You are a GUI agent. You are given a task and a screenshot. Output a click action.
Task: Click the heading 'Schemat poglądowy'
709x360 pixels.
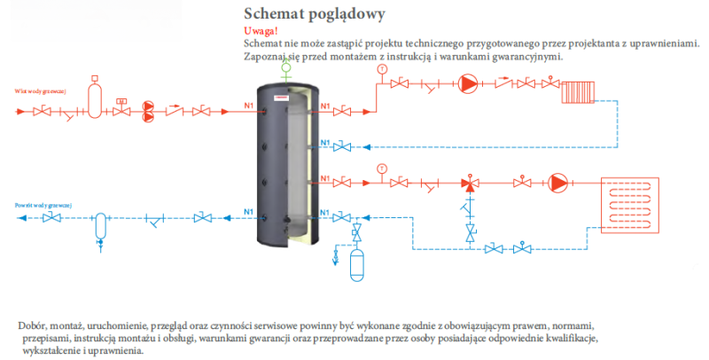301,15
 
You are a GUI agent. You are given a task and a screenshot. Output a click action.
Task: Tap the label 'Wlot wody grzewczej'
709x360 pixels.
40,91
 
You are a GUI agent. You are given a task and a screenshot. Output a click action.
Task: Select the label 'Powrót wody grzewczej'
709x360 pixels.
43,204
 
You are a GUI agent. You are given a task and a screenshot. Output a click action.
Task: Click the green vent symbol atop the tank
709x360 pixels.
285,67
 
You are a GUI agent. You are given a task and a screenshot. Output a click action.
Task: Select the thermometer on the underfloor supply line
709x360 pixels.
381,167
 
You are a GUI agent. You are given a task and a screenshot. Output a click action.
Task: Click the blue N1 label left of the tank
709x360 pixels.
249,211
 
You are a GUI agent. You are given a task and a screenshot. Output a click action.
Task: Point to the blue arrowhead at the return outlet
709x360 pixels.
23,217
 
